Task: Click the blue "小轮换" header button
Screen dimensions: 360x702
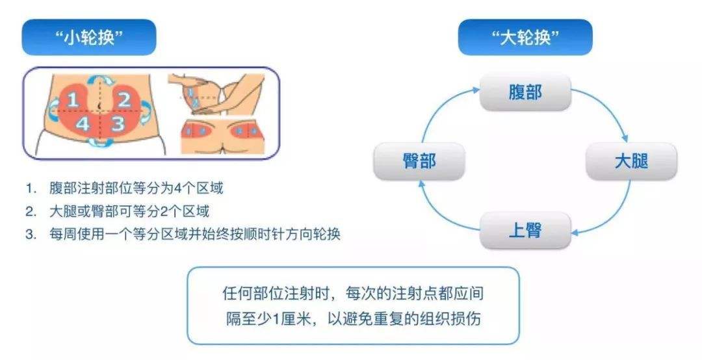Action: (x=89, y=38)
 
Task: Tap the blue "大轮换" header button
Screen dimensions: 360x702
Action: (x=525, y=38)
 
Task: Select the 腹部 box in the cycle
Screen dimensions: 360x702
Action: (x=525, y=92)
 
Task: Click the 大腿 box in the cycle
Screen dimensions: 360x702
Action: (x=630, y=161)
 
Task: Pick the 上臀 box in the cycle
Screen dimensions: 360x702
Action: (x=525, y=230)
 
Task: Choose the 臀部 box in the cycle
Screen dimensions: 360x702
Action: (x=419, y=161)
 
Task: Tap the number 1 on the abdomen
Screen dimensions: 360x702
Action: (x=73, y=100)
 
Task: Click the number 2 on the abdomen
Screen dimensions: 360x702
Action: (x=124, y=99)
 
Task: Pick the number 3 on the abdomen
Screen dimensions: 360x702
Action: (x=116, y=123)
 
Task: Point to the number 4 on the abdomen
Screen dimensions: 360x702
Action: (x=83, y=124)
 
